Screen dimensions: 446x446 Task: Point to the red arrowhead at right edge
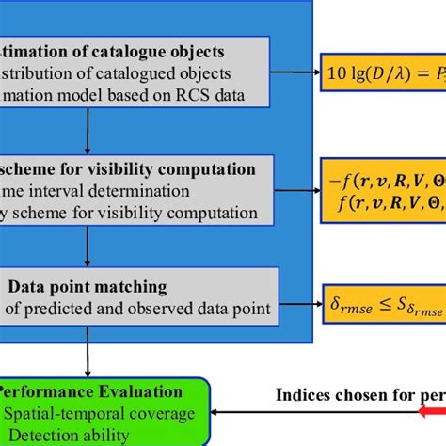tap(435, 410)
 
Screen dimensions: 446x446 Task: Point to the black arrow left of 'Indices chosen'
tap(245, 411)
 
